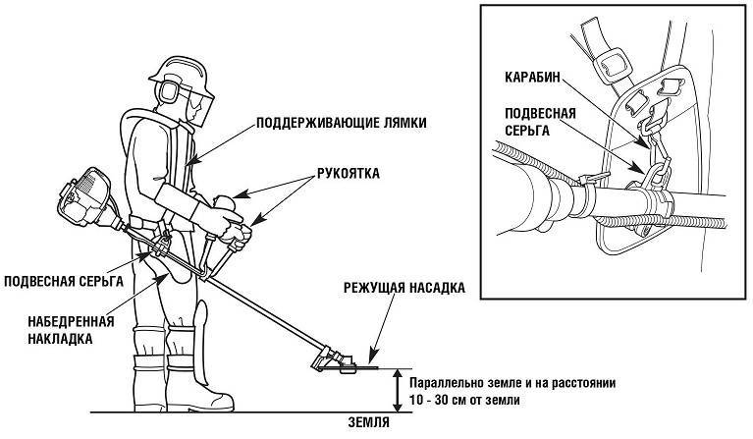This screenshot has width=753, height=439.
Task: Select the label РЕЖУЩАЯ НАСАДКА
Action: [x=403, y=289]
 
